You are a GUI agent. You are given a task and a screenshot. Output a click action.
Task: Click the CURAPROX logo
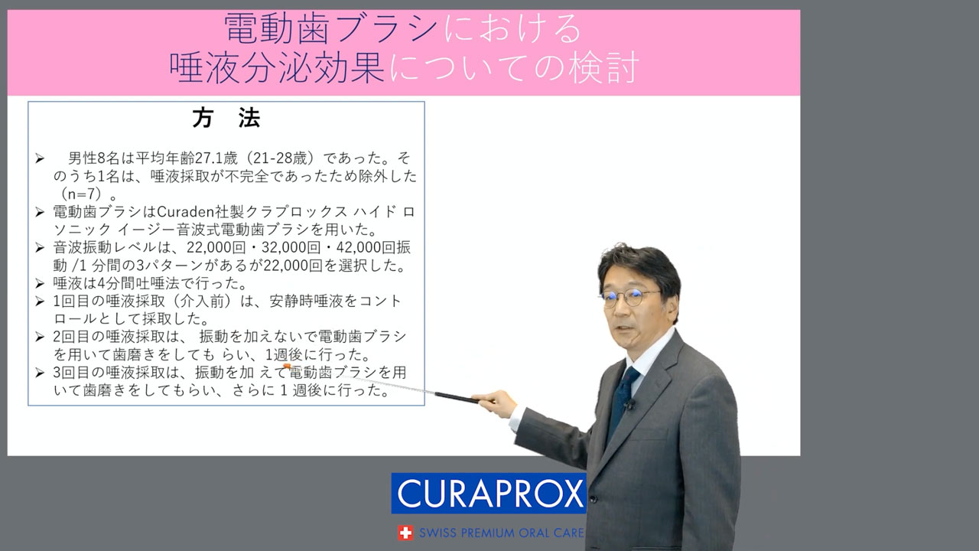pos(488,494)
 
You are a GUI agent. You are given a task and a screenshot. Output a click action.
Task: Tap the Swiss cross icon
pos(405,533)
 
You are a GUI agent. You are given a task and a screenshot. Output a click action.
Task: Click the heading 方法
pos(226,118)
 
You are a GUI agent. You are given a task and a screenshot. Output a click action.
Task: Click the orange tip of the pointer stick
pos(287,367)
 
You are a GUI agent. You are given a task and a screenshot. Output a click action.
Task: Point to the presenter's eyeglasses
pos(629,298)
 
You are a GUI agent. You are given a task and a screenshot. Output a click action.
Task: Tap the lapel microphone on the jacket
pos(629,405)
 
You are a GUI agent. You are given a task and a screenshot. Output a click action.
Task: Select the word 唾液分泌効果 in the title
pos(277,68)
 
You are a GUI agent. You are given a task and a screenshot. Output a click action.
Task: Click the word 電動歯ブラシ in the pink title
pos(331,28)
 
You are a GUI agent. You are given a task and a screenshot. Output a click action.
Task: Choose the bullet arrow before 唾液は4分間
pos(40,284)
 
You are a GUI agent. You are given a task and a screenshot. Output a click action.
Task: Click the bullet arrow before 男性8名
pos(40,158)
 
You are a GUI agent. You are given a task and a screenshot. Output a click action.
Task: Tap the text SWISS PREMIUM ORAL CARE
pos(501,533)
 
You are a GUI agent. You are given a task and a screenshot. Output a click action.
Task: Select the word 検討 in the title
pos(604,68)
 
